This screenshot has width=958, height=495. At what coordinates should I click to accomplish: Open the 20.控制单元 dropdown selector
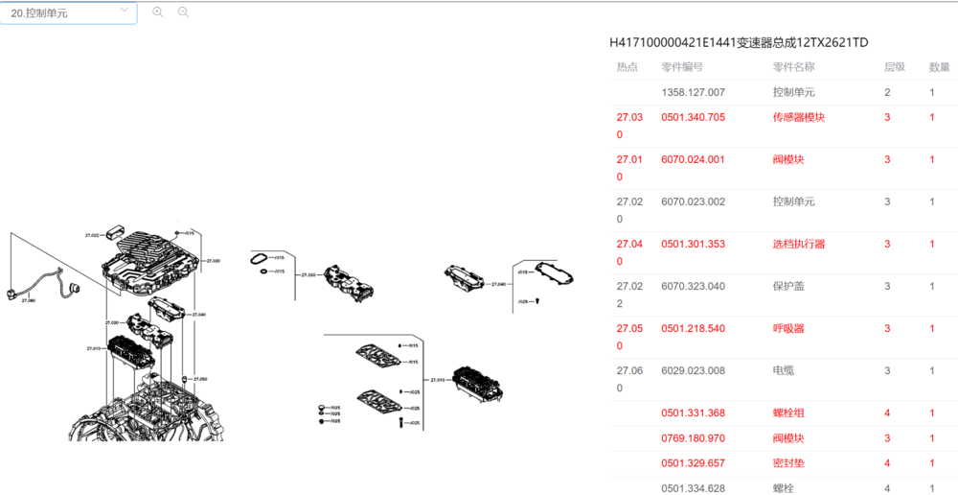(68, 13)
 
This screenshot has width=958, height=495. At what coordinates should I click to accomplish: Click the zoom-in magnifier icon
(158, 12)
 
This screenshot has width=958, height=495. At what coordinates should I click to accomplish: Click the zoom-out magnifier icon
(183, 12)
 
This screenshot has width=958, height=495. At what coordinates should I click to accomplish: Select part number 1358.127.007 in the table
(693, 93)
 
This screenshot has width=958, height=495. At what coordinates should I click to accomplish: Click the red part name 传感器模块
(798, 118)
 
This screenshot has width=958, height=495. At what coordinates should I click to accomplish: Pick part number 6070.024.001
(693, 160)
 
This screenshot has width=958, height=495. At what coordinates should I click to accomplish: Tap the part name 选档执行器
(798, 245)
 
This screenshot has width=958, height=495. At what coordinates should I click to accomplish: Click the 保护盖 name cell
(793, 287)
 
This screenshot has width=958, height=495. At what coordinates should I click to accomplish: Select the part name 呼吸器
(788, 329)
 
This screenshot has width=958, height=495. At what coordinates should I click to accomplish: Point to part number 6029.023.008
(693, 371)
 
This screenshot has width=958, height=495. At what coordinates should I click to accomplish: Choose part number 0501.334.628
(693, 489)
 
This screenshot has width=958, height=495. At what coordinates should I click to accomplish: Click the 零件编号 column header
(682, 67)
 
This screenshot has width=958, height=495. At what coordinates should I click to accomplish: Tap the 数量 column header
(939, 67)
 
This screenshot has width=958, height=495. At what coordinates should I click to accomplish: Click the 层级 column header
(894, 67)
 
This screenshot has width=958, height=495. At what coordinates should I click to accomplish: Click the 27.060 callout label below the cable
(28, 300)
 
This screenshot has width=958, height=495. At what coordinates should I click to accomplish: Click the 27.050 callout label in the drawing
(199, 379)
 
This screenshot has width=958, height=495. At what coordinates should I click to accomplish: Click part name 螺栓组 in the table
(788, 413)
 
